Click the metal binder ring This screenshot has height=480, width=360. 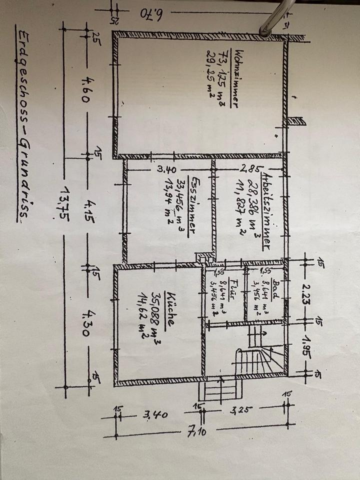[270, 20]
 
